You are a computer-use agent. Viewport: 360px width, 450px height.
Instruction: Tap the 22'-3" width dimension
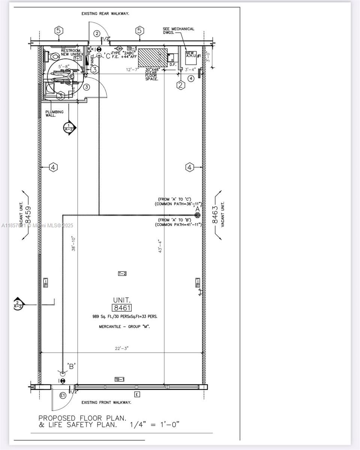click(121, 348)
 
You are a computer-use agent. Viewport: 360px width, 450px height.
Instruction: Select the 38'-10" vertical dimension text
click(73, 243)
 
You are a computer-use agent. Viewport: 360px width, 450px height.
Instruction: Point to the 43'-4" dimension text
click(160, 246)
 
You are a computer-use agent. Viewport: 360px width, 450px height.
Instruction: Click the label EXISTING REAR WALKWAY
click(105, 14)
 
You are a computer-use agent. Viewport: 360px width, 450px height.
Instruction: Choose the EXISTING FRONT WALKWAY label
click(106, 402)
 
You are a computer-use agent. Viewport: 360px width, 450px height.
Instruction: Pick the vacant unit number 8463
click(215, 214)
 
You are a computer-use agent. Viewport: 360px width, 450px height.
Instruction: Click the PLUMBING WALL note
click(55, 113)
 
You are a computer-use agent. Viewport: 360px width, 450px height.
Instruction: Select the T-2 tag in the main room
click(122, 274)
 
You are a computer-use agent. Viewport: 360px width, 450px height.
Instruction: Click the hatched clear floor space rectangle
click(153, 58)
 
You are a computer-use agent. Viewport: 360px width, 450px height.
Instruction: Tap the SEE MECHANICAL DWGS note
click(178, 31)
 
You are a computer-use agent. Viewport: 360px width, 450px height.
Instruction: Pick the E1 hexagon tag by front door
click(63, 396)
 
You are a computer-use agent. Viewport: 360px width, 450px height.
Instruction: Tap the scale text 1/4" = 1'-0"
click(155, 424)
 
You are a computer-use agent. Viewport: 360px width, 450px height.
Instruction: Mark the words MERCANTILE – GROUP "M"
click(124, 327)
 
